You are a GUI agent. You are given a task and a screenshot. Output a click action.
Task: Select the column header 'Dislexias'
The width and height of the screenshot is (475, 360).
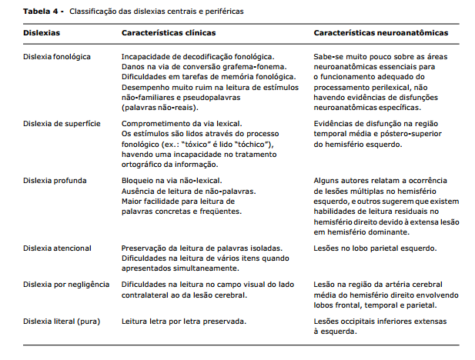(x=42, y=34)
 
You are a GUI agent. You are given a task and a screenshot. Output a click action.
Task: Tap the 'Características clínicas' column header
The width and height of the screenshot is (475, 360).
(x=169, y=34)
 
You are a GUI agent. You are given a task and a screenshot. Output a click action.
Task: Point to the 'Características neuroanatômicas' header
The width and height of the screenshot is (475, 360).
(x=380, y=34)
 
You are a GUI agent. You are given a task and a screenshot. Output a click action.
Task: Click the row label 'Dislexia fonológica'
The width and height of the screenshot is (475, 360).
(x=58, y=57)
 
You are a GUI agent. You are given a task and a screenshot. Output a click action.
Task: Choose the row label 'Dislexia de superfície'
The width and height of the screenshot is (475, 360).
(x=61, y=123)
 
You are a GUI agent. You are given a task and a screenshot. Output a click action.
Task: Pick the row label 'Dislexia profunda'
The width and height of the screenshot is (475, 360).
(x=53, y=180)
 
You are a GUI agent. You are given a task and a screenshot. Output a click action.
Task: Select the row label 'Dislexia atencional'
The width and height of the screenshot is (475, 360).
(x=57, y=248)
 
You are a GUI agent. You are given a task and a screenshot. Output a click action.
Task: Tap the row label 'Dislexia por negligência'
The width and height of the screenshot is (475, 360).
(x=66, y=284)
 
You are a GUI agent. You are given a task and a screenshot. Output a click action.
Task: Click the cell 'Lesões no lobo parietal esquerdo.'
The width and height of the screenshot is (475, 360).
(x=375, y=248)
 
